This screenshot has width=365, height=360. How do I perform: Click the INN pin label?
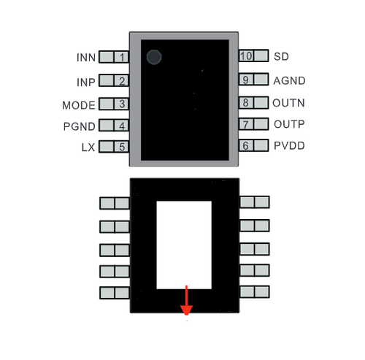[86, 58]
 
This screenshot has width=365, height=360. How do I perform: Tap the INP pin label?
[86, 83]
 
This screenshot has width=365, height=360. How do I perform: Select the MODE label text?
[79, 105]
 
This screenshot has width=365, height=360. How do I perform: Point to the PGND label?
[79, 126]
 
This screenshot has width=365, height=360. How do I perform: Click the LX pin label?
[88, 148]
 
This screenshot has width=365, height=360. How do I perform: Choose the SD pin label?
[281, 56]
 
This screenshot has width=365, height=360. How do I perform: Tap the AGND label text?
[289, 81]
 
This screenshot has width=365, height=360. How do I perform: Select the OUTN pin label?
[288, 103]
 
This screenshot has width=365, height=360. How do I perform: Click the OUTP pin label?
[289, 124]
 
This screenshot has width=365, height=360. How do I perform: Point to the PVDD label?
[289, 145]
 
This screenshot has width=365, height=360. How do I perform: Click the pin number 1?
[122, 57]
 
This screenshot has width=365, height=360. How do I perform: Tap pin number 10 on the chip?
[246, 56]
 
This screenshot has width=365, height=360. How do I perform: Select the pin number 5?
[122, 147]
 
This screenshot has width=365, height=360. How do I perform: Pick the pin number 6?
[245, 145]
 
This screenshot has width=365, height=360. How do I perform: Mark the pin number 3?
[122, 104]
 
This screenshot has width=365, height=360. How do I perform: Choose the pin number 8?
[245, 102]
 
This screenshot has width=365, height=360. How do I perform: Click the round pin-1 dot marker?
[154, 57]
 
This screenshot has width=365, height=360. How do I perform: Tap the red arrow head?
[186, 310]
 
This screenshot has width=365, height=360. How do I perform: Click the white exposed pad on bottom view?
[184, 245]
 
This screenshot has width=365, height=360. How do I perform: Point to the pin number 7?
[245, 124]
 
